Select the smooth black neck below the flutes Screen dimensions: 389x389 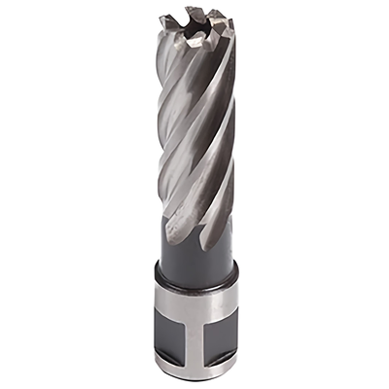[199, 263]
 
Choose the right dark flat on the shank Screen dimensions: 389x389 [222, 340]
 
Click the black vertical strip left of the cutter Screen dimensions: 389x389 [58, 194]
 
